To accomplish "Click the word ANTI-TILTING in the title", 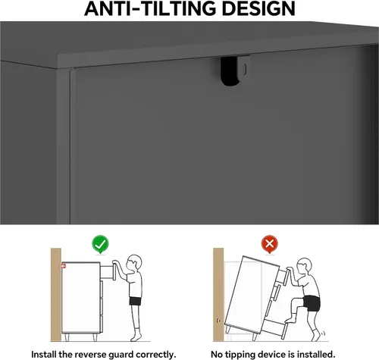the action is [x=150, y=8].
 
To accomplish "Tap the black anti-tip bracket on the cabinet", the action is [x=230, y=71].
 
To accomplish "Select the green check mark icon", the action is [x=100, y=244].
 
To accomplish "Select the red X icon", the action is [x=270, y=244].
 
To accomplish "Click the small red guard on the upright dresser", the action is [x=63, y=266].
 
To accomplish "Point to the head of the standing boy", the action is [x=133, y=262].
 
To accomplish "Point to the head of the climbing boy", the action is [x=304, y=266].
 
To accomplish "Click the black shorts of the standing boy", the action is [x=135, y=301].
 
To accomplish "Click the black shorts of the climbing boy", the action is [x=312, y=303].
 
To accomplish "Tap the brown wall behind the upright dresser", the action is [x=56, y=295].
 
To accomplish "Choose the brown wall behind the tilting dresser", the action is [x=218, y=295].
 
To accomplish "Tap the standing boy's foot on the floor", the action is [x=136, y=337].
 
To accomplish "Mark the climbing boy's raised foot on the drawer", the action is [x=290, y=320].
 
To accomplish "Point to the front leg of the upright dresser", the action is [x=95, y=337].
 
